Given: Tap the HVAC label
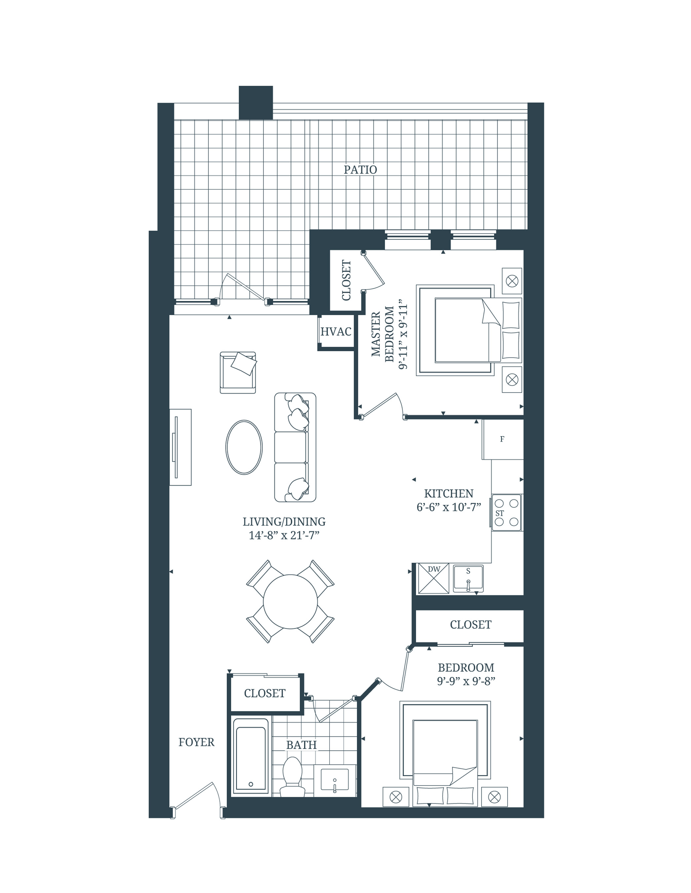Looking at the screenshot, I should (336, 332).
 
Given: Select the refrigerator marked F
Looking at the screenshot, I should (502, 439).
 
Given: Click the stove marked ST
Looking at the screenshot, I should (507, 513).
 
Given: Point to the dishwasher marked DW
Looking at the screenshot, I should (434, 578).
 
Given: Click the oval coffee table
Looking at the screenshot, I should (244, 447).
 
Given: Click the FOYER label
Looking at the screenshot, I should (196, 742).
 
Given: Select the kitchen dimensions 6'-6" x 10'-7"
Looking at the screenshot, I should (448, 507).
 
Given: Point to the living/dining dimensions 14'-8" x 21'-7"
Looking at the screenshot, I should (284, 536).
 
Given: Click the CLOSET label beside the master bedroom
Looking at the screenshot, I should (346, 280).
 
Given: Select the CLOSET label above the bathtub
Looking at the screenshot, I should (265, 693).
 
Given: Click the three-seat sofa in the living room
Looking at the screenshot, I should (295, 447).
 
